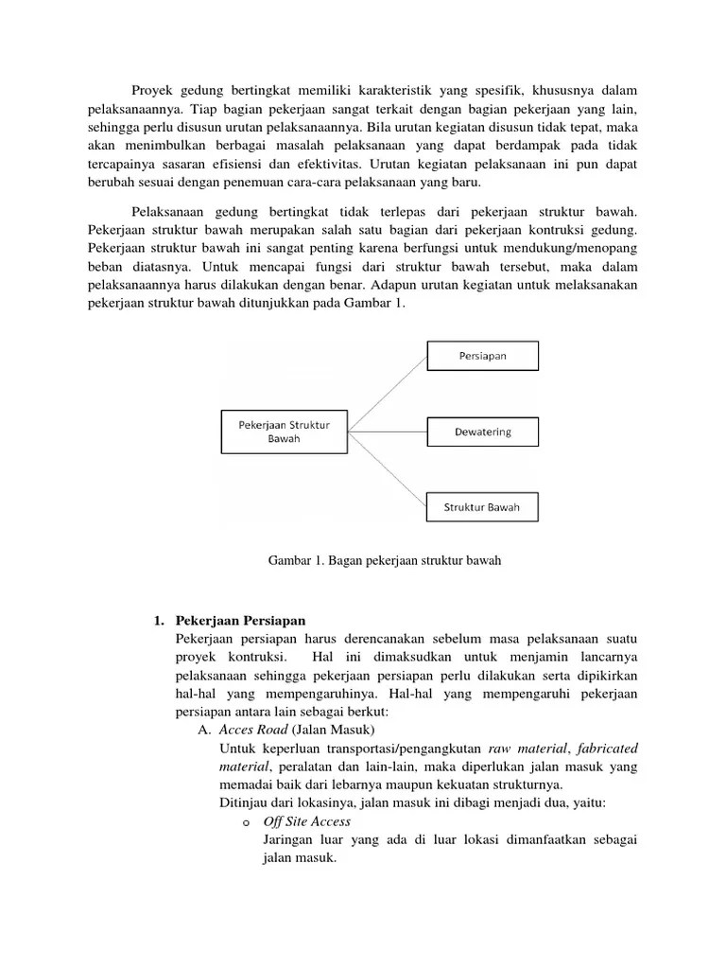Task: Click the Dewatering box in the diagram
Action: (482, 432)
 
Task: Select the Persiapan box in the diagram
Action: (482, 356)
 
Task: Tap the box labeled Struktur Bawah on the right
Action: (482, 507)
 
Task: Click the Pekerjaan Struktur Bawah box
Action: (284, 432)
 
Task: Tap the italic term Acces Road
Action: (252, 730)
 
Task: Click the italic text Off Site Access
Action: (307, 821)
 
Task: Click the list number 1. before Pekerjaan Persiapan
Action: (160, 620)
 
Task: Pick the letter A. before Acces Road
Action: (203, 731)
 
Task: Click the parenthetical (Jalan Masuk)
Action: (334, 730)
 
